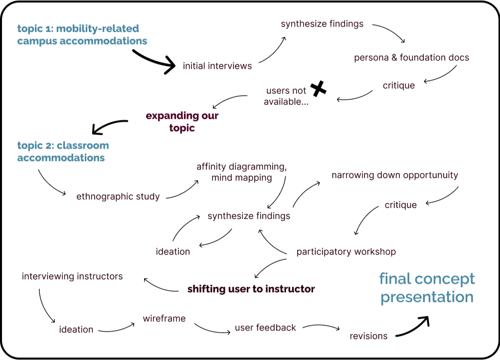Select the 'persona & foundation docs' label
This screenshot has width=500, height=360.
click(x=411, y=58)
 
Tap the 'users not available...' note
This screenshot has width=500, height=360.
click(x=286, y=97)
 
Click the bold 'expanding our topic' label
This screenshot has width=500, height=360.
click(x=181, y=122)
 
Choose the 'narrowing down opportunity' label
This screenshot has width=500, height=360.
click(x=394, y=176)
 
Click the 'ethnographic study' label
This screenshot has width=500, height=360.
click(x=118, y=197)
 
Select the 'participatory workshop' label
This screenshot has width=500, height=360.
click(x=346, y=252)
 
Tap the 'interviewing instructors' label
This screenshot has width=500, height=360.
click(x=72, y=277)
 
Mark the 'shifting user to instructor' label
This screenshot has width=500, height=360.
click(x=251, y=289)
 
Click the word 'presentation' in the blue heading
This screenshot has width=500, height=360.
click(x=426, y=298)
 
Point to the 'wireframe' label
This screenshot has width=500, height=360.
click(x=165, y=318)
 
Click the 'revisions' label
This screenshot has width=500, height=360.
click(x=367, y=337)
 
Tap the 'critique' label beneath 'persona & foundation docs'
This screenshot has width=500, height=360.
click(x=399, y=86)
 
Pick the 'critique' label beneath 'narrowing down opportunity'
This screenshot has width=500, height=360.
click(x=401, y=205)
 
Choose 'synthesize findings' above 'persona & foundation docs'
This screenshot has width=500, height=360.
click(x=323, y=24)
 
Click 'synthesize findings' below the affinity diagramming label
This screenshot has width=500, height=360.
click(x=249, y=217)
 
